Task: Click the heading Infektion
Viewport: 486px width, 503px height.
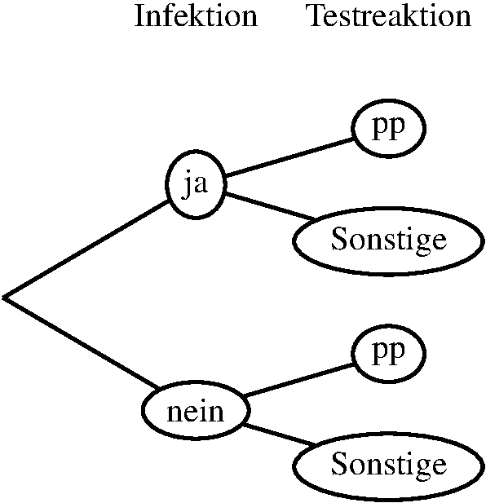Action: click(196, 15)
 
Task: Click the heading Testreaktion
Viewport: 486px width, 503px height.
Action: click(390, 15)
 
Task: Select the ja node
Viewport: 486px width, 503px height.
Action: click(196, 185)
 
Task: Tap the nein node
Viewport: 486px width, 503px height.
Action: click(196, 410)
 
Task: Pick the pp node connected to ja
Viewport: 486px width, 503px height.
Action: click(388, 128)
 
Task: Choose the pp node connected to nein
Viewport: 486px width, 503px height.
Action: click(388, 353)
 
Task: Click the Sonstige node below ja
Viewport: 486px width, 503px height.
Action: click(388, 241)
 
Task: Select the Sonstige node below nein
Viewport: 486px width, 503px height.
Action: click(388, 466)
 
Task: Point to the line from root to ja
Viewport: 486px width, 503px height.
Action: click(86, 249)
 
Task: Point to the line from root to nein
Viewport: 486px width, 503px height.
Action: click(82, 343)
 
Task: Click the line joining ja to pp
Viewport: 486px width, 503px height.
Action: click(289, 157)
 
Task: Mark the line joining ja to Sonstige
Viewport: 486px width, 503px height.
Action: click(271, 206)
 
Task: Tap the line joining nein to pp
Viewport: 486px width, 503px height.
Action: click(298, 380)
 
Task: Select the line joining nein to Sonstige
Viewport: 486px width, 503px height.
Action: click(280, 435)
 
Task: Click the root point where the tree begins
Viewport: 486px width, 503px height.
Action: click(4, 298)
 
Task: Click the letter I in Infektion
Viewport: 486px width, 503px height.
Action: click(139, 15)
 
